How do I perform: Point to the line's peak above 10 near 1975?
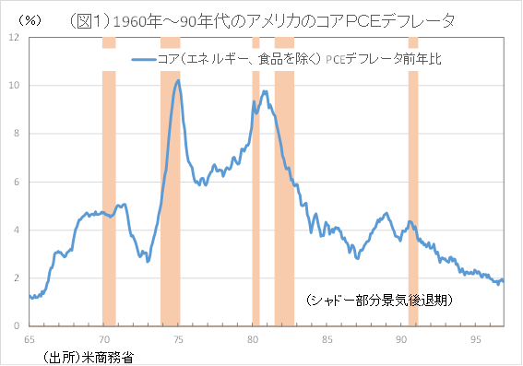pos(177,80)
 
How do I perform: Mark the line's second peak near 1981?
pos(265,91)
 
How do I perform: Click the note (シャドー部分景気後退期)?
pos(378,301)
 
